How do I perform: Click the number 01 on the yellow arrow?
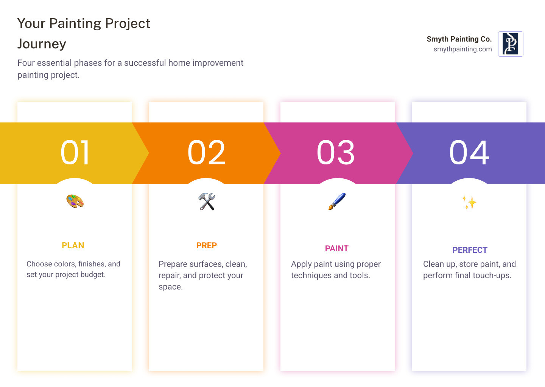(x=75, y=153)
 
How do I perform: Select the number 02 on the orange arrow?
(x=206, y=153)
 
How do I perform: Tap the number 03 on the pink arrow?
(x=336, y=153)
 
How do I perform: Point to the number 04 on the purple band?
(x=469, y=153)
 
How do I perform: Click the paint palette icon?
(x=75, y=201)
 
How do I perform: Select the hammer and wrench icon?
(x=207, y=201)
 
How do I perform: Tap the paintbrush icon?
(x=337, y=201)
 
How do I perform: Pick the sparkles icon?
(x=470, y=203)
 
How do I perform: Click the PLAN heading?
(x=73, y=246)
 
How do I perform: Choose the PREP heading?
(x=206, y=246)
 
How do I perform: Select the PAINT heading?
(x=336, y=249)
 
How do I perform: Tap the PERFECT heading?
(x=470, y=250)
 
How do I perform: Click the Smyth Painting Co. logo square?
(x=511, y=44)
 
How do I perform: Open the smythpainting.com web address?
(x=462, y=49)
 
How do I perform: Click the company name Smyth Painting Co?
(x=459, y=39)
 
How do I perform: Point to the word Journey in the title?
(x=42, y=44)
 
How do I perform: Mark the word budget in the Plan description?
(x=93, y=275)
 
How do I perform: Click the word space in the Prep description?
(x=170, y=287)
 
